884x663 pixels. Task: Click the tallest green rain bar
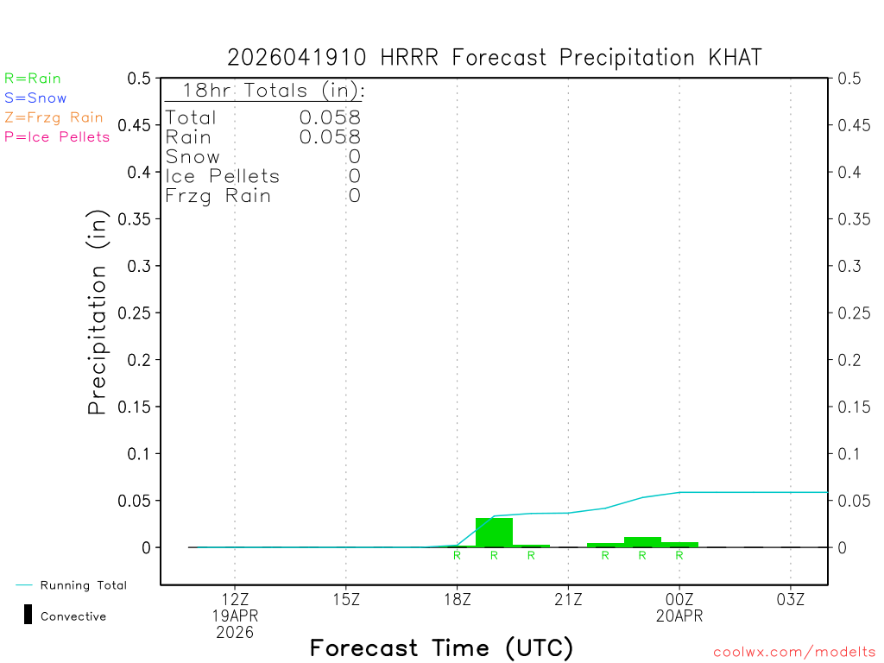(x=494, y=532)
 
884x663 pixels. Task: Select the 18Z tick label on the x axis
(x=457, y=599)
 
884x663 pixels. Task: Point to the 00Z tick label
(x=679, y=599)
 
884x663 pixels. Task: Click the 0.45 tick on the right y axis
(x=855, y=125)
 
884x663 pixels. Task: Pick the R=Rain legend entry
(x=33, y=79)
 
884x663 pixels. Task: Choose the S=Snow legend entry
(x=35, y=98)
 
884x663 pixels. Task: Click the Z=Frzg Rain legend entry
(x=54, y=117)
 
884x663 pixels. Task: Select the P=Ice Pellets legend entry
(x=57, y=136)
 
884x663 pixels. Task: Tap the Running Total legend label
(x=83, y=585)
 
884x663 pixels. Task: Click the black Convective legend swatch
(x=28, y=615)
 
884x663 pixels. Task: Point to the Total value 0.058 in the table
(x=330, y=117)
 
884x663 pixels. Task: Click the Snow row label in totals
(x=193, y=157)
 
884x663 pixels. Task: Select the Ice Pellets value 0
(x=354, y=176)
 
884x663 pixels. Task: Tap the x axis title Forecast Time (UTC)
(x=441, y=647)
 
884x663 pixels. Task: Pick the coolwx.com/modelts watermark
(x=794, y=653)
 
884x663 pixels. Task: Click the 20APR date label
(x=679, y=616)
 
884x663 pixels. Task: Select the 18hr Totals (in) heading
(x=273, y=91)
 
